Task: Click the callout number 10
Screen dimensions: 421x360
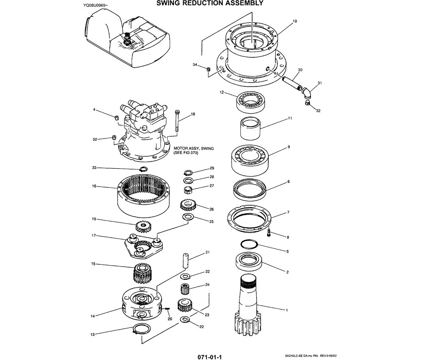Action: pos(295,21)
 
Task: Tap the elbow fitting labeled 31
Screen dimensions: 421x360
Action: pos(307,92)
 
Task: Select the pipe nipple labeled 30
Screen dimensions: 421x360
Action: pos(292,83)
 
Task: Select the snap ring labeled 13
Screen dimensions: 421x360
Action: pos(141,329)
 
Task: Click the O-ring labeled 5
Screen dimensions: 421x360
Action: pos(249,245)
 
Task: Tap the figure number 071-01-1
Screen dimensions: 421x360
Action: pos(210,357)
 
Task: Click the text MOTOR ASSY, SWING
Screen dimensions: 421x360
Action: pos(194,148)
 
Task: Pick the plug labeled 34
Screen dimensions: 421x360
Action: pos(208,69)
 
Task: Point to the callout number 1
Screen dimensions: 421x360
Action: pos(287,310)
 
